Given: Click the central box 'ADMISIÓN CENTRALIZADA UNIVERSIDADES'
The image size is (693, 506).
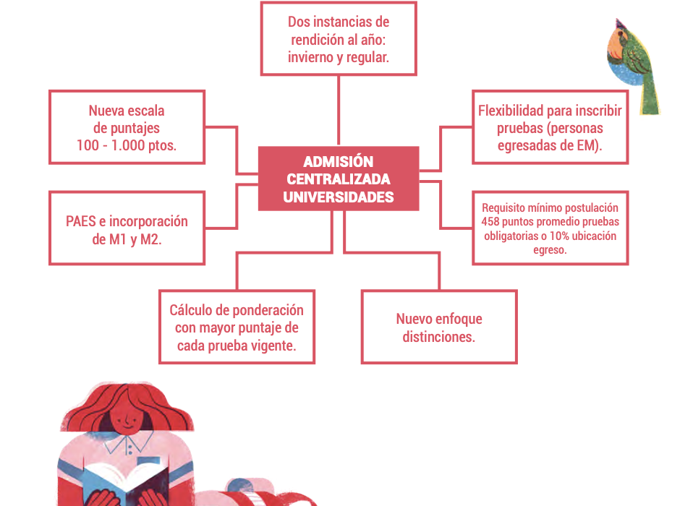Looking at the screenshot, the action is pos(339,179).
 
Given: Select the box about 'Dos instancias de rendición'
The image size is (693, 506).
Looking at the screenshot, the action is pos(339,39).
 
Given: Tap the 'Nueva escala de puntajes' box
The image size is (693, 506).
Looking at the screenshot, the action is pos(127,127).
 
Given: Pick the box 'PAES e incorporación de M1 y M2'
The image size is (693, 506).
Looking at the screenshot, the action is pos(127,228).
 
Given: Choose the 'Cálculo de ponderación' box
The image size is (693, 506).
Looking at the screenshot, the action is pos(237,327).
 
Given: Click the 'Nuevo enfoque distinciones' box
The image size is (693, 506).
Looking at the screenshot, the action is pos(439,327).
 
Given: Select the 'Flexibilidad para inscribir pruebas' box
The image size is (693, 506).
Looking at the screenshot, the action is pos(550,127).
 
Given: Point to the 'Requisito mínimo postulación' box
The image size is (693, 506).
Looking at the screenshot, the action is pos(550,228).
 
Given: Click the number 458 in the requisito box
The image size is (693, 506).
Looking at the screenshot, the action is pos(490,222).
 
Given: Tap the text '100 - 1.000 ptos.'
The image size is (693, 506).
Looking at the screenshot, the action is pos(127,145).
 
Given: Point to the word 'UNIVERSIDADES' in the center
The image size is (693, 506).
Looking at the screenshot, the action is pos(339,197).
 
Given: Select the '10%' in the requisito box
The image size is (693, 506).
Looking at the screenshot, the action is pos(559,236).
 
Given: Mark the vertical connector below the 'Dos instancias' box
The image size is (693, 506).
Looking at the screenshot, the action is pos(339,111).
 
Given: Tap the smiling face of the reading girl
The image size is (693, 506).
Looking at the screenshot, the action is pos(127,419).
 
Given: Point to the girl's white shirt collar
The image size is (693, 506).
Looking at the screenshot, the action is pos(129,443).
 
